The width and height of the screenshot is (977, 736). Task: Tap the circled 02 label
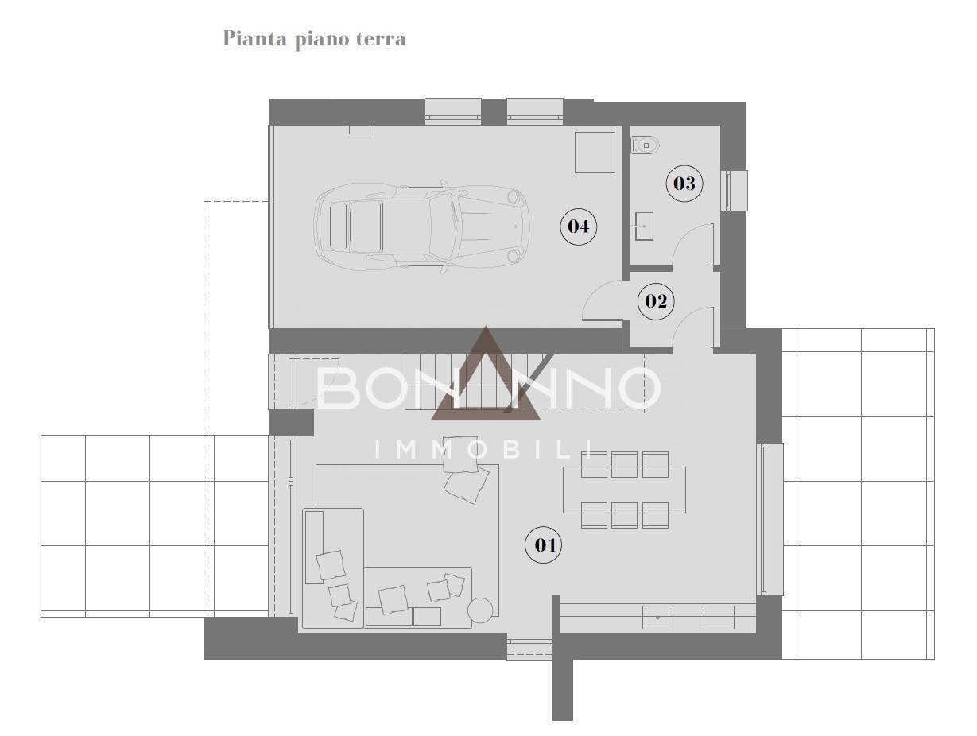pos(656,301)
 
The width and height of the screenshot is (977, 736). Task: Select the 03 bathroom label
pos(684,184)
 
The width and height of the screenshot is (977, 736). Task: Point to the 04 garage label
pos(578,227)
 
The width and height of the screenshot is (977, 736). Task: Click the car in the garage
pos(421,227)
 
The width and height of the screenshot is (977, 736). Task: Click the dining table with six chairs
pos(624,490)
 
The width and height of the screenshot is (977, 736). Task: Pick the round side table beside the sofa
pos(480,610)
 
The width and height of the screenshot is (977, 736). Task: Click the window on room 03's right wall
pos(735,191)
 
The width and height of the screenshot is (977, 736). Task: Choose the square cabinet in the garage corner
pos(595,153)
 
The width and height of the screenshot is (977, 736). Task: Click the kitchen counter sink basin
pos(657,617)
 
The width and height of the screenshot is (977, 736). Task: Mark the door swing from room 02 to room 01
pos(692,327)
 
